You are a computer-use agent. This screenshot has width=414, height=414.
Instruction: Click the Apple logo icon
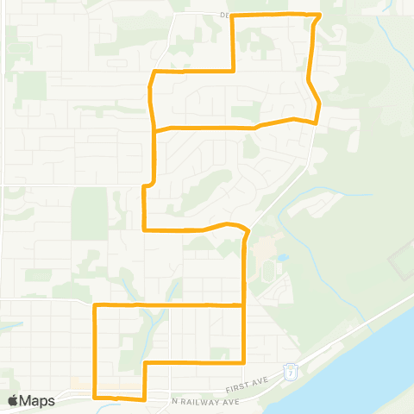[x=13, y=400]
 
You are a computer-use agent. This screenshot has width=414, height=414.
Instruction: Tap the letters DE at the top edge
[x=224, y=15]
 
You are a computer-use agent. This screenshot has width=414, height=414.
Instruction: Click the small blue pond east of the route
[x=282, y=257]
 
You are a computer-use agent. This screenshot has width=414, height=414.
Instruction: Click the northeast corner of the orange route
[x=319, y=15]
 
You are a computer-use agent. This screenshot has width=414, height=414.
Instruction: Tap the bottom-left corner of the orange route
[x=94, y=397]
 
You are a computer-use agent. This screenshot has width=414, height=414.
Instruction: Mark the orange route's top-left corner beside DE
[x=235, y=16]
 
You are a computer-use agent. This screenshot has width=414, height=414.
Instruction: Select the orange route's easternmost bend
[x=320, y=104]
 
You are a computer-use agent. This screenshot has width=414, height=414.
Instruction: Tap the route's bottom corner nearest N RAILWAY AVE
[x=144, y=399]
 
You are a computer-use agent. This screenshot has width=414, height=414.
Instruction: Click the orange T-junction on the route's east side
[x=246, y=304]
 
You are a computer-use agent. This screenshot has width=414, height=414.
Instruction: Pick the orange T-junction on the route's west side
[x=154, y=129]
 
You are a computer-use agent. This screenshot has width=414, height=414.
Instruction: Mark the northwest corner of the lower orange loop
[x=94, y=304]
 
